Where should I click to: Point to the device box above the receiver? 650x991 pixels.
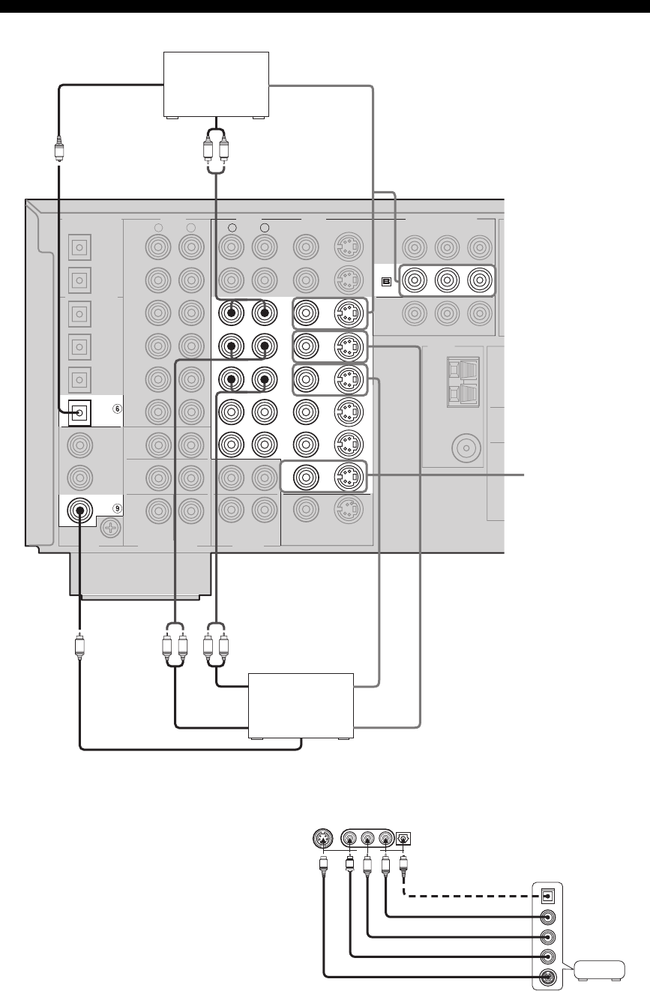(x=216, y=84)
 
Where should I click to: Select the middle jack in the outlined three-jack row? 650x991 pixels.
(x=447, y=281)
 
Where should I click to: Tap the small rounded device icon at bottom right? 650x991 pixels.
(x=599, y=972)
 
